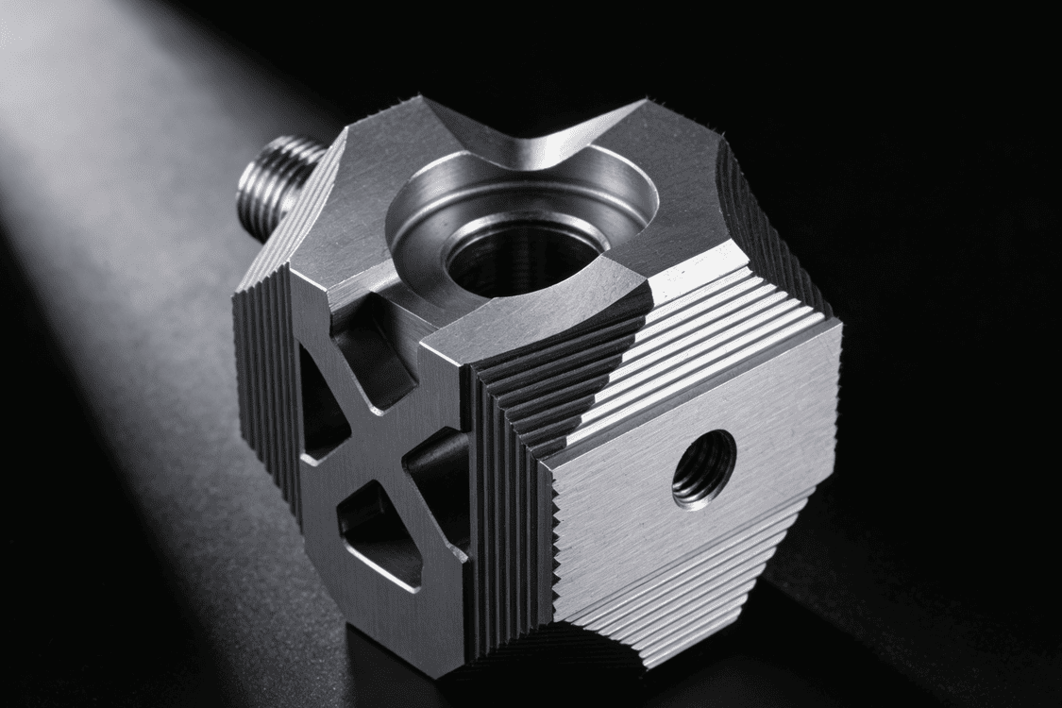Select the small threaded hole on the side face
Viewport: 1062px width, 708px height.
[703, 468]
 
